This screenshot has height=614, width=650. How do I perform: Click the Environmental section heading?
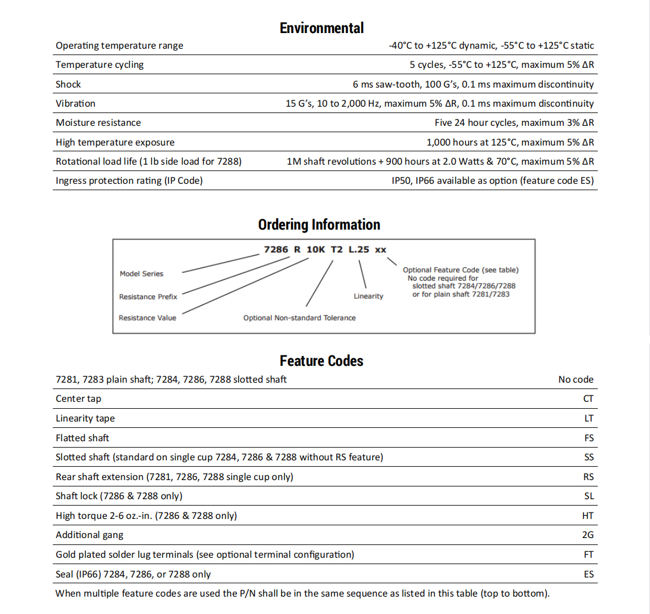pyautogui.click(x=322, y=28)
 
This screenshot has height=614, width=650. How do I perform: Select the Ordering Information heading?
pyautogui.click(x=319, y=225)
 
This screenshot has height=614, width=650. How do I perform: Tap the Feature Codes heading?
pyautogui.click(x=322, y=361)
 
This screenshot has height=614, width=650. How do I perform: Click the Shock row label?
pyautogui.click(x=68, y=84)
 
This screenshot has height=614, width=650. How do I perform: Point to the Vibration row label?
pyautogui.click(x=75, y=103)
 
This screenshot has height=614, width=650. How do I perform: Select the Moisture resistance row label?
pyautogui.click(x=98, y=122)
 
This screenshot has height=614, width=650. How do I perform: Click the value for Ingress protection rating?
pyautogui.click(x=493, y=180)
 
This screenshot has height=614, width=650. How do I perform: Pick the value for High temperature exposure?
pyautogui.click(x=510, y=142)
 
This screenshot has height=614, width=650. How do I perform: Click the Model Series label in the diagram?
pyautogui.click(x=142, y=274)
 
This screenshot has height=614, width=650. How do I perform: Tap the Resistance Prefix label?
pyautogui.click(x=148, y=297)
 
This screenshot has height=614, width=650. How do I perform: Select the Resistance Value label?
pyautogui.click(x=147, y=318)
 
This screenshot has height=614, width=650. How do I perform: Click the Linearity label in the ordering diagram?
pyautogui.click(x=369, y=296)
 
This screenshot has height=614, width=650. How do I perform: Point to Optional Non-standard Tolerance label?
pyautogui.click(x=299, y=318)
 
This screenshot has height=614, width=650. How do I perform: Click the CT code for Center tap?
pyautogui.click(x=588, y=398)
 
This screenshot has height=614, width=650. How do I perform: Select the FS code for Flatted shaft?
pyautogui.click(x=589, y=438)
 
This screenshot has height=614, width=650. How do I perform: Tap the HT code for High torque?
pyautogui.click(x=588, y=515)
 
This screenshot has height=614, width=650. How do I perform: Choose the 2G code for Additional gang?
pyautogui.click(x=588, y=535)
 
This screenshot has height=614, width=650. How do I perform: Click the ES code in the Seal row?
pyautogui.click(x=588, y=574)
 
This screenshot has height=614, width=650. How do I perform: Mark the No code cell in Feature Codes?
pyautogui.click(x=576, y=379)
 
